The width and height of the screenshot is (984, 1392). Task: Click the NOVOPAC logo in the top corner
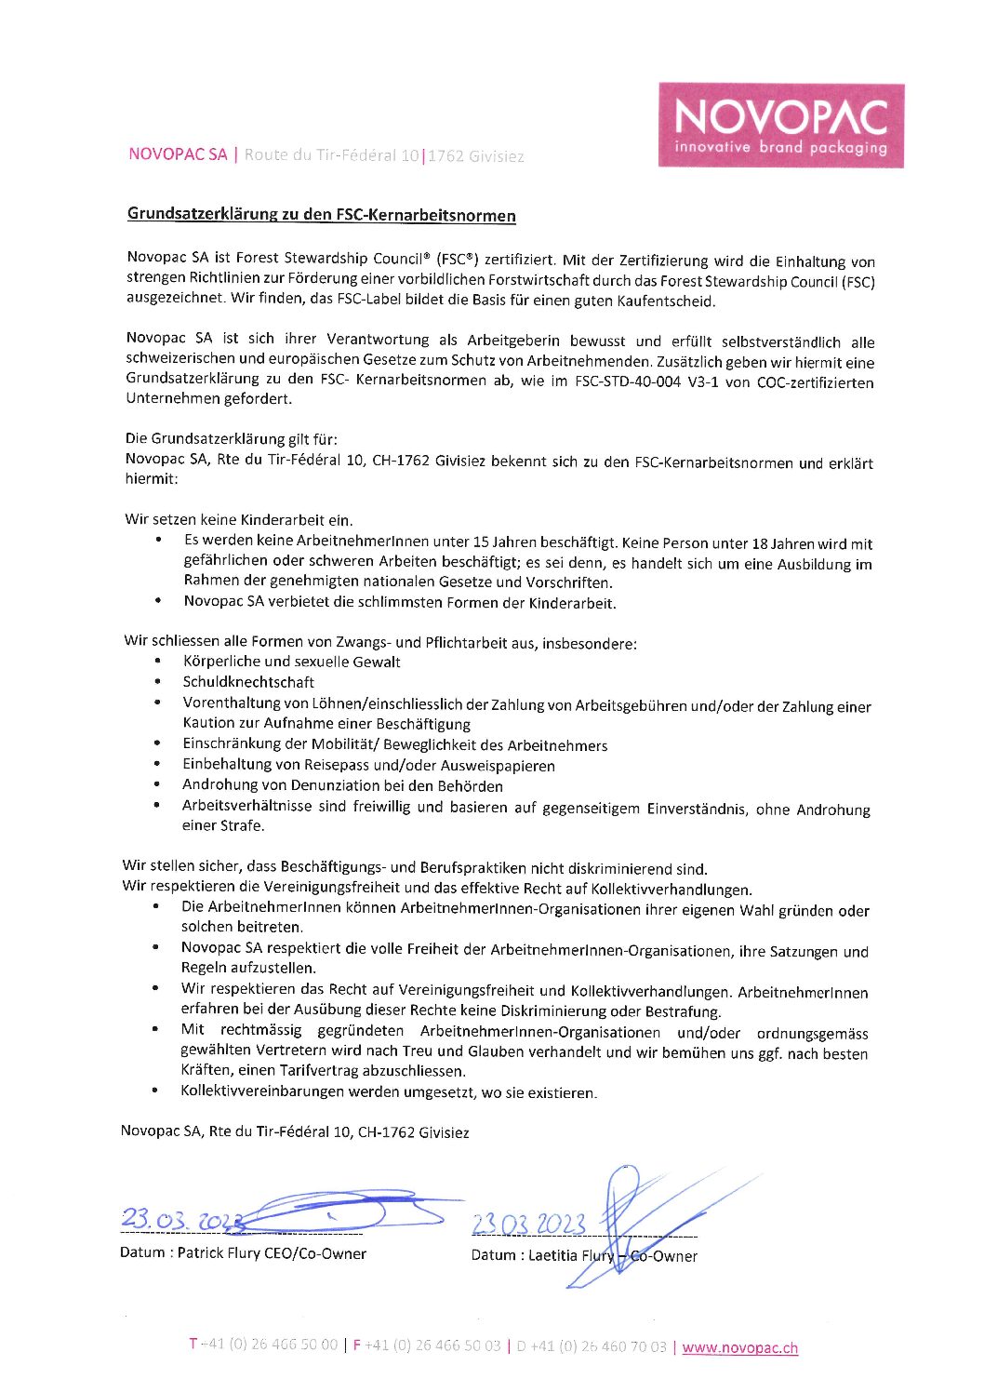[781, 126]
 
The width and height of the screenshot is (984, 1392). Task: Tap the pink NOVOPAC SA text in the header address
[178, 154]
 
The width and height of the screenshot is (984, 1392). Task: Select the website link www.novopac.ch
[739, 1347]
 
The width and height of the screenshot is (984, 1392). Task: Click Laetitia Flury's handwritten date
[528, 1225]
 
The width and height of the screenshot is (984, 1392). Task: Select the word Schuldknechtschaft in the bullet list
[248, 682]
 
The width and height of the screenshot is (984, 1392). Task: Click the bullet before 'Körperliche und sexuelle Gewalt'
[158, 662]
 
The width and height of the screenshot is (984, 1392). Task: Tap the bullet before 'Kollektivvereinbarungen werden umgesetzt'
[156, 1091]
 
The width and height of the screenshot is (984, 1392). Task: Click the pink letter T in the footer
[193, 1344]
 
